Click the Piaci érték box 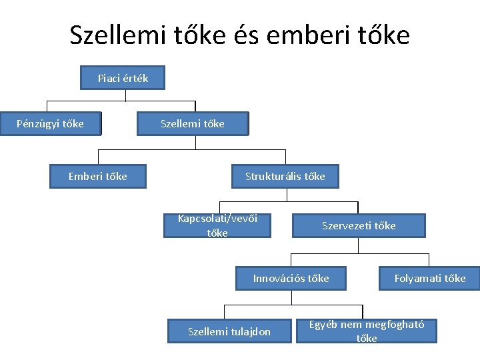pos(123,79)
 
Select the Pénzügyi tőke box pos(51,123)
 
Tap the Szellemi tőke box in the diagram pos(193,123)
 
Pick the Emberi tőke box pos(97,177)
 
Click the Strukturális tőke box pos(285,177)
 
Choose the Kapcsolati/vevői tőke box pos(217,225)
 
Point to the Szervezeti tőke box pos(359,225)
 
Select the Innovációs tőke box pos(291,278)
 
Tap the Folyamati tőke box pos(430,278)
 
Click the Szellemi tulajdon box pos(229,331)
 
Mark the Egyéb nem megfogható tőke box pos(367,331)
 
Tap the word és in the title pos(245,35)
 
